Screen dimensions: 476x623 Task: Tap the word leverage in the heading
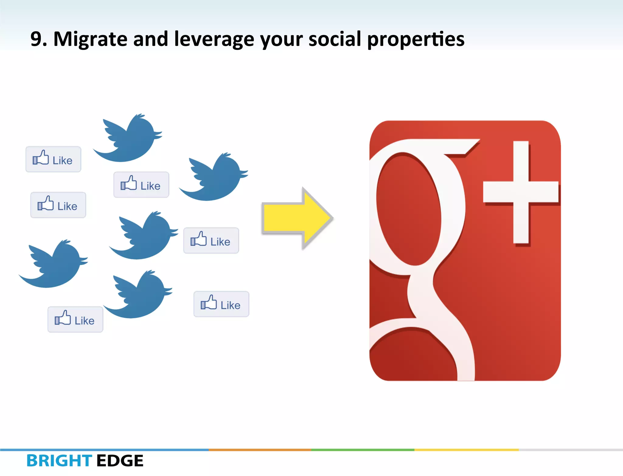214,40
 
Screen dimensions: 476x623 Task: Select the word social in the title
335,39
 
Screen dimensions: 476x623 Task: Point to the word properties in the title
416,40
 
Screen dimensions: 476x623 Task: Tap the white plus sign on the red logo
521,192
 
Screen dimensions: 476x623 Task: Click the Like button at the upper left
53,160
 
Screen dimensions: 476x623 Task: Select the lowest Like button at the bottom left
75,320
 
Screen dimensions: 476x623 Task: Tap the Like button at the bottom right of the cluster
221,304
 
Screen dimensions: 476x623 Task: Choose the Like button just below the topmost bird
141,185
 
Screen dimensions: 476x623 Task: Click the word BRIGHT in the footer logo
59,461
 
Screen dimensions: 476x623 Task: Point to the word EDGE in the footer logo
120,461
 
